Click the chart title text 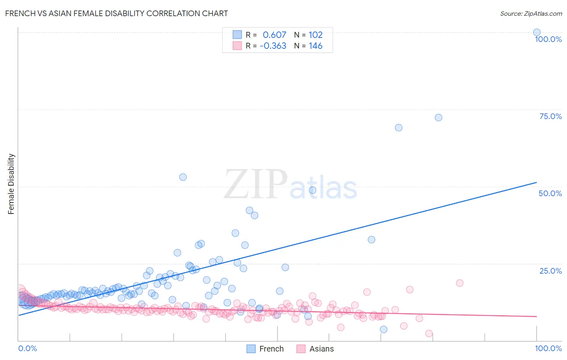tap(117, 13)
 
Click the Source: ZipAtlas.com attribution tap(531, 13)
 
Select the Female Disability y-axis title tap(11, 184)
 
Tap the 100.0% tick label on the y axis tap(548, 39)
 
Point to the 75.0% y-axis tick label tap(550, 116)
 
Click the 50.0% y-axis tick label tap(550, 193)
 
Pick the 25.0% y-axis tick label tap(550, 270)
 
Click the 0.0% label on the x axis tap(27, 348)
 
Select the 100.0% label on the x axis tap(548, 348)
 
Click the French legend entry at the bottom tap(266, 349)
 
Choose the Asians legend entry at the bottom tap(316, 349)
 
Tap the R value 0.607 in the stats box tap(274, 35)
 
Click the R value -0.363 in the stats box tap(273, 46)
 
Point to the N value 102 tap(315, 35)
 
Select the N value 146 tap(315, 46)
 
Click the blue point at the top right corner tap(537, 32)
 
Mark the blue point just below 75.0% tap(438, 117)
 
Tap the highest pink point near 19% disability tap(459, 283)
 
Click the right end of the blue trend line tap(536, 182)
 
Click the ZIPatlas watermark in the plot tap(290, 185)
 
